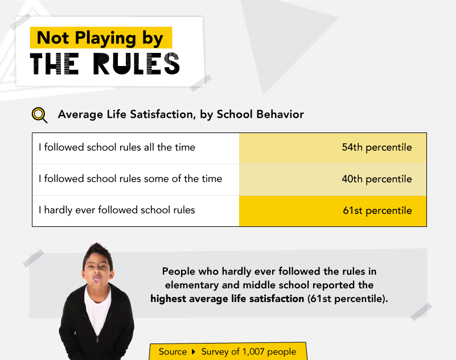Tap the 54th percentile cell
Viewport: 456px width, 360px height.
(332, 148)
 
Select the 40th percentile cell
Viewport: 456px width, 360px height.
(332, 180)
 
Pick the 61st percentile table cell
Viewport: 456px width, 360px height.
(332, 210)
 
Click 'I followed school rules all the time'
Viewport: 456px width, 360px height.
(117, 147)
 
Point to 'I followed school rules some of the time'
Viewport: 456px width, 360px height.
(130, 179)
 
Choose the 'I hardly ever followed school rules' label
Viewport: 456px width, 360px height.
(117, 210)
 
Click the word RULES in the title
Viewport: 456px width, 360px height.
(136, 64)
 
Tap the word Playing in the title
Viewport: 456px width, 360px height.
(105, 38)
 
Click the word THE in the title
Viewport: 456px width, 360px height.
(55, 64)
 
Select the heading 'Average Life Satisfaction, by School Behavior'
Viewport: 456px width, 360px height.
(181, 114)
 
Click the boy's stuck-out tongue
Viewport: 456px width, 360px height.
(96, 280)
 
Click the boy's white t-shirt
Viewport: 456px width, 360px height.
(97, 308)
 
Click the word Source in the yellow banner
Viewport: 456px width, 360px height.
(172, 352)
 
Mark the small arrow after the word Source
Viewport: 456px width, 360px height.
(194, 352)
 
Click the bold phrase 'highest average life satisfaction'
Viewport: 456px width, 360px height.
(227, 299)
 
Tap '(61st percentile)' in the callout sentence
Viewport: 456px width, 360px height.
(348, 299)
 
